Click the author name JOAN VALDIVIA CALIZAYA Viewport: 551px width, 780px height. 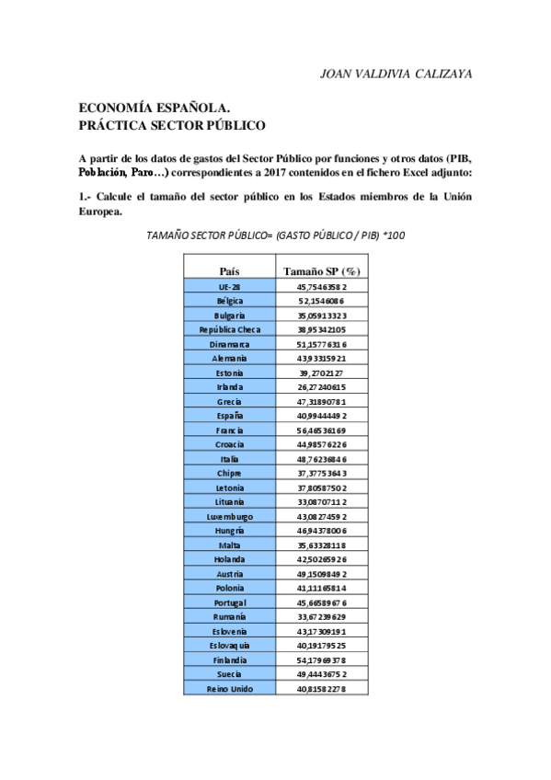tap(395, 74)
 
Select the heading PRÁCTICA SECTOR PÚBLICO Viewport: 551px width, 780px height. tap(173, 124)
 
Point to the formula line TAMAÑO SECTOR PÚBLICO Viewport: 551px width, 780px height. tap(276, 235)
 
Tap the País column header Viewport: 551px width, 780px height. tap(230, 270)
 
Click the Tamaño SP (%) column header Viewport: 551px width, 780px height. tap(321, 270)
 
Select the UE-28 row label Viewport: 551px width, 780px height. tap(230, 287)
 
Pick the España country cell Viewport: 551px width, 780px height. tap(230, 415)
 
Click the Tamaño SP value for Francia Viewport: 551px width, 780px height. tap(321, 430)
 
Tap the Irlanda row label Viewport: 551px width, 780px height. tap(230, 387)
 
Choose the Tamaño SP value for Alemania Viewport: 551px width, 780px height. tap(321, 358)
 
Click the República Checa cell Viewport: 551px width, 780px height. tap(230, 329)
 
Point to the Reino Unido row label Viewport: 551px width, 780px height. tap(230, 688)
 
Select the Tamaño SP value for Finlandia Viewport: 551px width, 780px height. tap(321, 660)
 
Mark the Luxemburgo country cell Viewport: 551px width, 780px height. tap(230, 516)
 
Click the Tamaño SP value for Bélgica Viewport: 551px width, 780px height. tap(321, 301)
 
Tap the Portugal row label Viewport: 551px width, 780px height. tap(230, 602)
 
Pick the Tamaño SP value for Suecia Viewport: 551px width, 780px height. tap(321, 674)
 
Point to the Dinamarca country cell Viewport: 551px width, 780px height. tap(230, 344)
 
